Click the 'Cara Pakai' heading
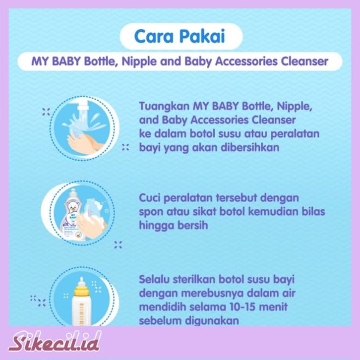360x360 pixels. [180, 36]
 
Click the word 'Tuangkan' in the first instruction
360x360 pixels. [164, 107]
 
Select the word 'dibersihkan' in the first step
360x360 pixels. [250, 147]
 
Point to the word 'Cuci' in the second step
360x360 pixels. [149, 198]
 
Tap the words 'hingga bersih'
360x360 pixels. [174, 225]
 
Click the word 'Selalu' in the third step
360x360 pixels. [154, 279]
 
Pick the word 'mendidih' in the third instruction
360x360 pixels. [162, 307]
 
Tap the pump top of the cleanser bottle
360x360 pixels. [73, 193]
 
